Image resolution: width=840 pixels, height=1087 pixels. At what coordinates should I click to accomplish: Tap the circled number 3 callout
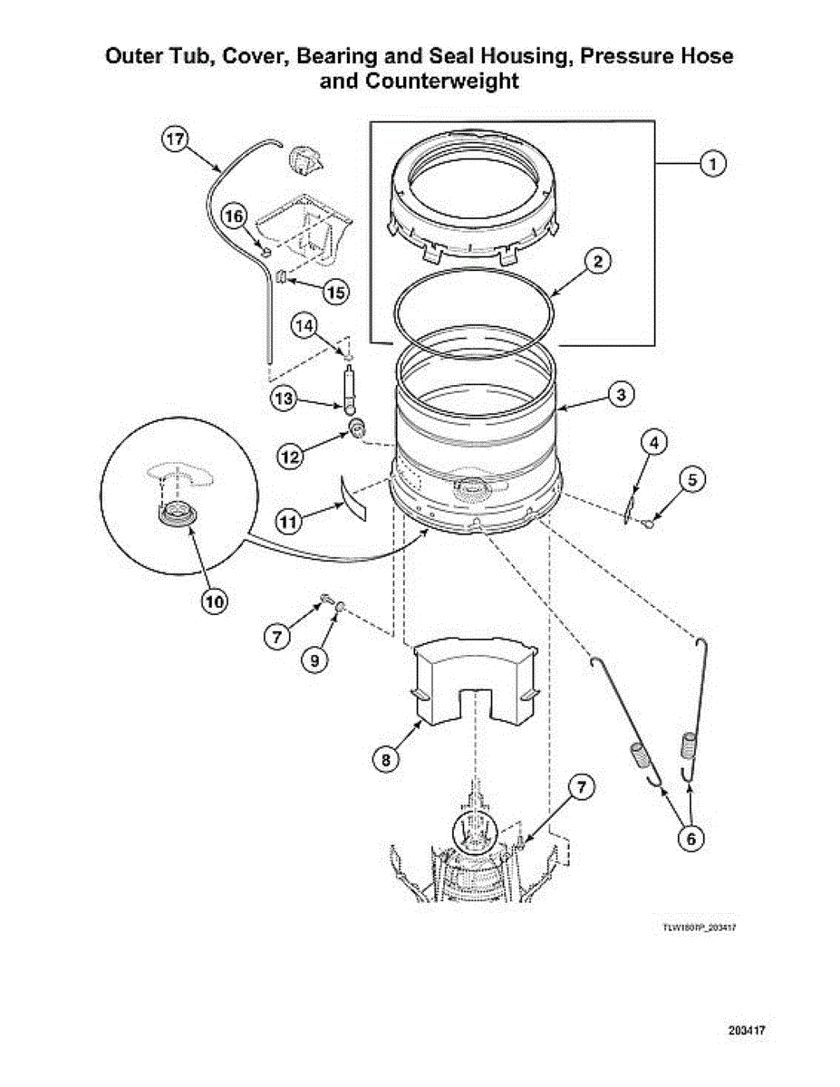(x=619, y=394)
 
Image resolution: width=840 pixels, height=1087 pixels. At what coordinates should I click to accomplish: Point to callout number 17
(x=176, y=139)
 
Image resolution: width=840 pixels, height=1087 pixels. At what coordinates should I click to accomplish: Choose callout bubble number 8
(x=386, y=760)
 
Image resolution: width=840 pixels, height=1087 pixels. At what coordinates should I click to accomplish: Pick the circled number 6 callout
(x=690, y=839)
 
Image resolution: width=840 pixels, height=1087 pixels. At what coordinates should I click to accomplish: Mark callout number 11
(x=287, y=521)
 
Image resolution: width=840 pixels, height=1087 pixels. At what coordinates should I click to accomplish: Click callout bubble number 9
(x=314, y=660)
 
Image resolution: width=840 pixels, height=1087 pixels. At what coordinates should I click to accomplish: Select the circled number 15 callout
(x=335, y=292)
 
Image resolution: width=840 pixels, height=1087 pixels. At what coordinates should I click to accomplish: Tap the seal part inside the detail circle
(x=177, y=514)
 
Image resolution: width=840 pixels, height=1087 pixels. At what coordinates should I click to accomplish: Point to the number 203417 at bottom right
(x=747, y=1031)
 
